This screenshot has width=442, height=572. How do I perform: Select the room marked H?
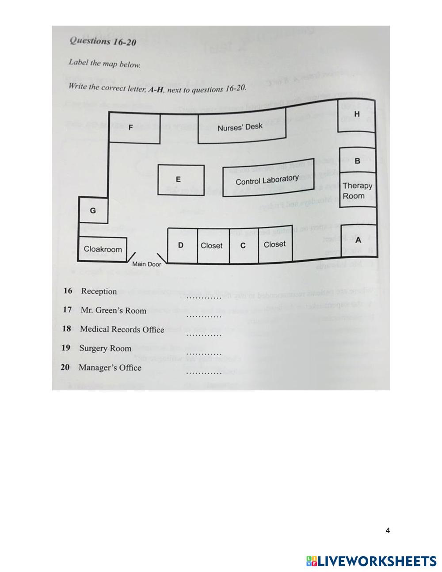[357, 114]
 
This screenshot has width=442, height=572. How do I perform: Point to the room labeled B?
[357, 161]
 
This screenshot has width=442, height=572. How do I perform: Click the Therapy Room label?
[357, 191]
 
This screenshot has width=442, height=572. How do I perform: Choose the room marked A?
[358, 240]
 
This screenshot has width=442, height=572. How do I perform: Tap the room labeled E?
[179, 179]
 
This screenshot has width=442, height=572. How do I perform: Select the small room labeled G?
[93, 210]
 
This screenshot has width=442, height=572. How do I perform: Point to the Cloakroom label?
[103, 249]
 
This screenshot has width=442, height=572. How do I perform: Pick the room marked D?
[181, 245]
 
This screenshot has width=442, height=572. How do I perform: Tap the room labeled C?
[243, 246]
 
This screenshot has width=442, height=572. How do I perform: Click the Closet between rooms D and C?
[212, 246]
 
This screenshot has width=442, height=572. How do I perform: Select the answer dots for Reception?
[203, 297]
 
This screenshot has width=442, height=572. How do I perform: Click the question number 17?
[67, 309]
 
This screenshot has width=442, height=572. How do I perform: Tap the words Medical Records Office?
[122, 329]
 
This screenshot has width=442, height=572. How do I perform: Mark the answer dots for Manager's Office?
[203, 373]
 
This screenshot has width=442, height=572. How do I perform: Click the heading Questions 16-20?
[103, 42]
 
